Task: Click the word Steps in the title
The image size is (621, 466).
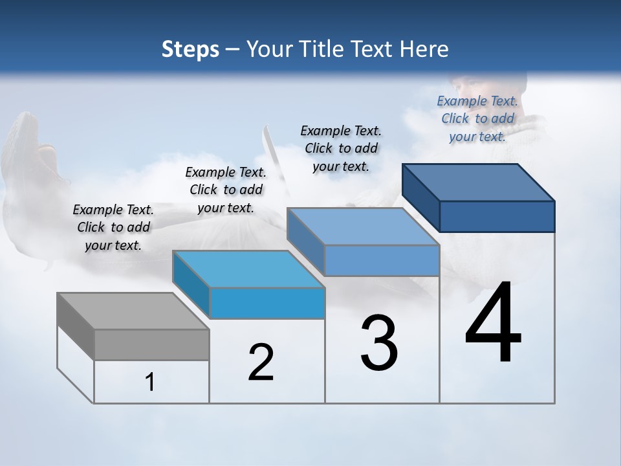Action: pyautogui.click(x=190, y=49)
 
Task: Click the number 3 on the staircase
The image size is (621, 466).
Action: pyautogui.click(x=379, y=343)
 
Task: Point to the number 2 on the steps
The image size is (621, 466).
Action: pyautogui.click(x=261, y=362)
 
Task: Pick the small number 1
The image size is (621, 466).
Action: pyautogui.click(x=149, y=383)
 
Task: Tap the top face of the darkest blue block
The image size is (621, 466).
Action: pyautogui.click(x=479, y=182)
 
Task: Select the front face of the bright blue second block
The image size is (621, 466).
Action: pyautogui.click(x=267, y=303)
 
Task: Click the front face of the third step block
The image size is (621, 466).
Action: pyautogui.click(x=382, y=261)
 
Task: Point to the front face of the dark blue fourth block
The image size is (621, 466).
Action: pyautogui.click(x=497, y=216)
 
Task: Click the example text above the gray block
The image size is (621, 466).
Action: pyautogui.click(x=113, y=227)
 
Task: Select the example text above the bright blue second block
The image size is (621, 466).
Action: pyautogui.click(x=226, y=190)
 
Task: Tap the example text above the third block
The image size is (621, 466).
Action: pyautogui.click(x=341, y=148)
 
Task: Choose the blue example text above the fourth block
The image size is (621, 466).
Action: pyautogui.click(x=477, y=118)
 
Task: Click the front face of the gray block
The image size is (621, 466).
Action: pyautogui.click(x=152, y=344)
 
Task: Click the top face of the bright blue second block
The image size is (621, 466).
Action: pyautogui.click(x=248, y=269)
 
